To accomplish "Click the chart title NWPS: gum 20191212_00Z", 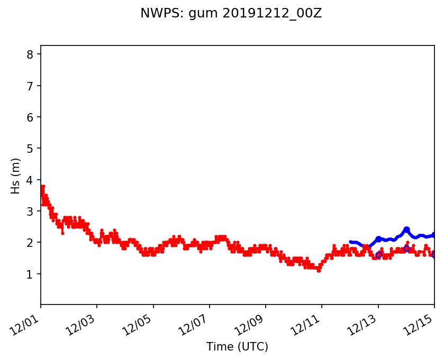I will tap(231, 14).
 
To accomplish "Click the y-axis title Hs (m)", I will tap(16, 176).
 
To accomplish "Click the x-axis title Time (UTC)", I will tap(237, 347).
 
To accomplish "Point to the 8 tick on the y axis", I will tap(30, 54).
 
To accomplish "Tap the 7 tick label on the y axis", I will tap(30, 86).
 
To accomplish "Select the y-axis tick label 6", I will tap(30, 117).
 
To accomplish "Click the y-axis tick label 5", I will tap(30, 149).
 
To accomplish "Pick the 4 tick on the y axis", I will tap(30, 180).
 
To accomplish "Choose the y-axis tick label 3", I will tap(30, 211).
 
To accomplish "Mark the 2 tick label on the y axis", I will tap(30, 243).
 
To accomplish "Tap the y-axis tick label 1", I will tap(30, 274).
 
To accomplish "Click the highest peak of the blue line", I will tap(406, 229).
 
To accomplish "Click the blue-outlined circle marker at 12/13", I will tap(378, 255).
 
